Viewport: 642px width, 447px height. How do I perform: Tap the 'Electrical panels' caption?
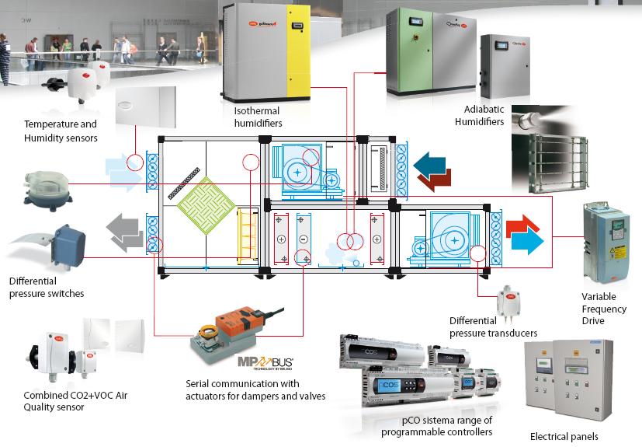point(564,436)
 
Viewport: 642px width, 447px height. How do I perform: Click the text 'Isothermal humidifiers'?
point(258,117)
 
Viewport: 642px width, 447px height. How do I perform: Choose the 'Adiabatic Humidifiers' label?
point(484,116)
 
